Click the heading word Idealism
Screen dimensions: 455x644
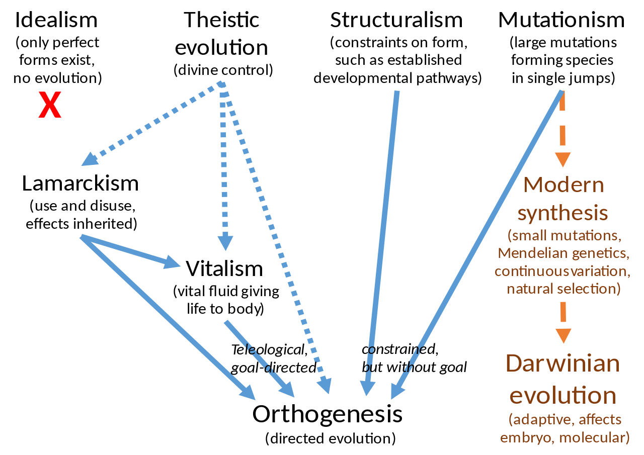tap(56, 20)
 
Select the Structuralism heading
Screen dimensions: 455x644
tap(396, 20)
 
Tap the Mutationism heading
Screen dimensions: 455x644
tap(561, 20)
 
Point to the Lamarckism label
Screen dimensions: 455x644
tap(80, 184)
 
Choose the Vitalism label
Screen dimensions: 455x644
tap(224, 268)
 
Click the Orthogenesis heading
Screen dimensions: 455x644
tap(328, 414)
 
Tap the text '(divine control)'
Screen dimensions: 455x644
tap(223, 70)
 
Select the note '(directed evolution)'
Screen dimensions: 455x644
tap(331, 438)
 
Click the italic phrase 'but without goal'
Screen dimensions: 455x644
tap(414, 367)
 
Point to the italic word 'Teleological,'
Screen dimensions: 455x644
tap(268, 349)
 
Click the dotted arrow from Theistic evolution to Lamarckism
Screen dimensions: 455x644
tap(151, 123)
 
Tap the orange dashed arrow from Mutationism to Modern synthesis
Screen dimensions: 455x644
tap(563, 131)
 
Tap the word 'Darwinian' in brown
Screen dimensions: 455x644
tap(562, 364)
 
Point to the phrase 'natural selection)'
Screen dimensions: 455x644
tap(563, 289)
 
